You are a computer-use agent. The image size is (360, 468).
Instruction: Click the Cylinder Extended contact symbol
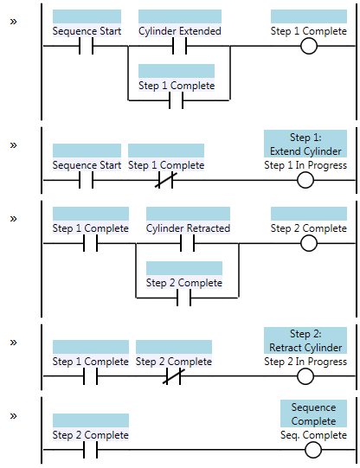tap(179, 46)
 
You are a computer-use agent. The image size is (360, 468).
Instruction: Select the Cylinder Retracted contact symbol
tap(187, 243)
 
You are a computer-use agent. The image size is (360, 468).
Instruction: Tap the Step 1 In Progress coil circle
tap(305, 180)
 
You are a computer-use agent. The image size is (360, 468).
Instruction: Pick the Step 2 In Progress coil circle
tap(305, 376)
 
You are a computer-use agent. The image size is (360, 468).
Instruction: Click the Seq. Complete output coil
tap(313, 450)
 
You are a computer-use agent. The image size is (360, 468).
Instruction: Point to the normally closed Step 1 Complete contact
tap(165, 180)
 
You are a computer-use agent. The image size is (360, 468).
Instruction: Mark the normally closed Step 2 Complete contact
tap(174, 376)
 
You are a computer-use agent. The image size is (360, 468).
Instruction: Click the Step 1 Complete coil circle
tap(309, 46)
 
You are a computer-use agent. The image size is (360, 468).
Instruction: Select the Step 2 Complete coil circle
tap(309, 243)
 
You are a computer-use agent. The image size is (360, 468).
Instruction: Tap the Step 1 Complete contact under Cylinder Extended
tap(177, 100)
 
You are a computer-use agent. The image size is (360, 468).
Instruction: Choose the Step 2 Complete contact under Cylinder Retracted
tap(183, 298)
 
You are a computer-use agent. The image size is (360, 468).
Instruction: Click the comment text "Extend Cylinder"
tap(305, 151)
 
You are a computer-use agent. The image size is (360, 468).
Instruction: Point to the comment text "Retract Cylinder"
tap(305, 348)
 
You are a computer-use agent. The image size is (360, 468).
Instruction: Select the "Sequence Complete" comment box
tap(313, 414)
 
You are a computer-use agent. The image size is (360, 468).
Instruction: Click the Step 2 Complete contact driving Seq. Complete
tap(91, 450)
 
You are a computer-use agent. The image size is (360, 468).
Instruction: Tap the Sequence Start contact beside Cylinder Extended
tap(86, 46)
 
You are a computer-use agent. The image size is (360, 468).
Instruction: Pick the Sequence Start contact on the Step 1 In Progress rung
tap(86, 180)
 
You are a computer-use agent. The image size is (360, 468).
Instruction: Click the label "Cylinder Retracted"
tap(188, 228)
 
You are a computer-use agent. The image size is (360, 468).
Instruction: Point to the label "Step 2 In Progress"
tap(305, 362)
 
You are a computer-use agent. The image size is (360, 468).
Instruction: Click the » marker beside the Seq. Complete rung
tap(14, 416)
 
